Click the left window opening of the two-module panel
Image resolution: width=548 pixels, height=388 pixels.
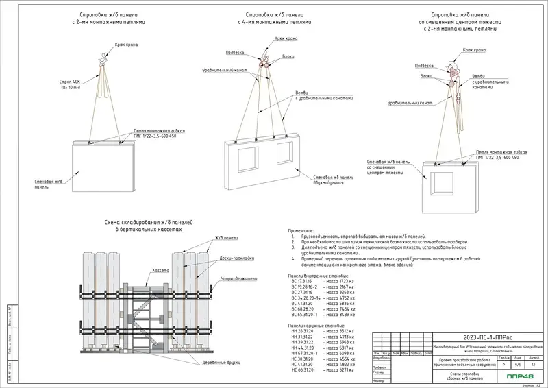245,157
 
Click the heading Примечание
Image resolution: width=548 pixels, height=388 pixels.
296,232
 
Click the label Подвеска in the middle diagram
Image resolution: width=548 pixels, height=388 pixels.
234,52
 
